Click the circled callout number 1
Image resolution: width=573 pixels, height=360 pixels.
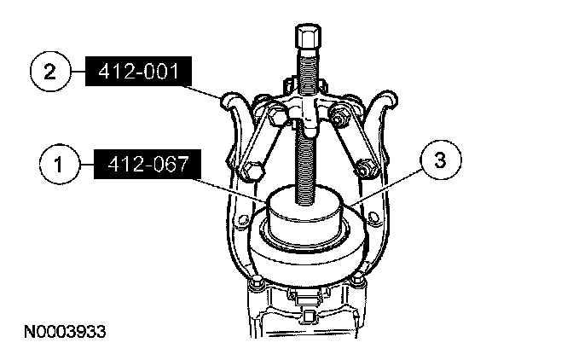point(59,164)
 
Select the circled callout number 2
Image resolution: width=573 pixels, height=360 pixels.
point(49,71)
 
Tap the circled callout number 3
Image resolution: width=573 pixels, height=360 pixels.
point(441,160)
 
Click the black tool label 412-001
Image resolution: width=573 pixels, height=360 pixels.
point(138,72)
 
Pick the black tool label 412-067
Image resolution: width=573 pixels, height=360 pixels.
point(148,164)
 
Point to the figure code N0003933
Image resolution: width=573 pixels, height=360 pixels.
point(65,332)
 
